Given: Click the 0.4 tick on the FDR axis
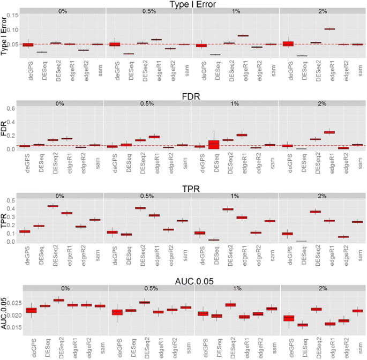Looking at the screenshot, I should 20,114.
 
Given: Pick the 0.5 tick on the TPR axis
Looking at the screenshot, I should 20,200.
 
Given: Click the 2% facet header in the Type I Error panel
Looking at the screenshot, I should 322,11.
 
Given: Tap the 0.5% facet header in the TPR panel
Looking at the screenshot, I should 149,195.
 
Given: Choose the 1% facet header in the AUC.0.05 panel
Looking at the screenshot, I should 236,288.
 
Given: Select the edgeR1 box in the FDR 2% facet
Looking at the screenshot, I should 329,132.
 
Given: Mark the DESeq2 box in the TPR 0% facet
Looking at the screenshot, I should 53,206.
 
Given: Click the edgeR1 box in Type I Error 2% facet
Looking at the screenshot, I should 329,29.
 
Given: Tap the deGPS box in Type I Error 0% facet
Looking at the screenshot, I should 28,44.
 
